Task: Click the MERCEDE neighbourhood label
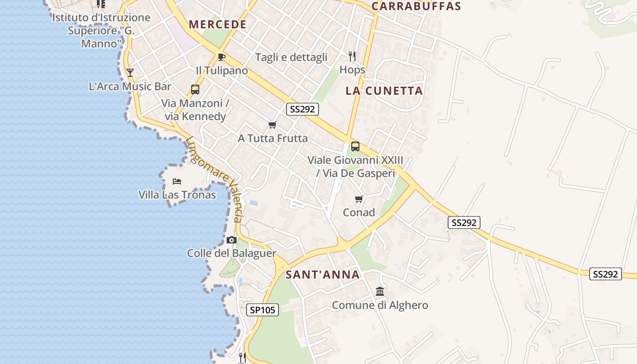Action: coord(217,25)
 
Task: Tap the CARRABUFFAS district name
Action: coord(416,6)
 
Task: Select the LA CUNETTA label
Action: coord(384,91)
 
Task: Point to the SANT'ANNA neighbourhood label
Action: coord(323,274)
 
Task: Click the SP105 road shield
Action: coord(263,310)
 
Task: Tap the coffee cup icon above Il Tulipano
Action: coord(222,57)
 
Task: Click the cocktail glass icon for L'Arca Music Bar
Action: coord(130,72)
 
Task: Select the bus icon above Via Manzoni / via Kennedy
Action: coord(195,90)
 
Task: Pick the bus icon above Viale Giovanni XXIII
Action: coord(355,147)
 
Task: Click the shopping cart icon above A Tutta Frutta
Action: coord(272,125)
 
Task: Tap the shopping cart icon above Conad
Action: coord(359,199)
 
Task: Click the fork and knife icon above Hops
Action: coord(352,56)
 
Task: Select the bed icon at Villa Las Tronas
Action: coord(177,182)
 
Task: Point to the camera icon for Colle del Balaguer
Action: coord(232,240)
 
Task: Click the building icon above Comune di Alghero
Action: coord(380,291)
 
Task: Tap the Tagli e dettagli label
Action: coord(291,57)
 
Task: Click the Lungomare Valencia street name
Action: coord(214,179)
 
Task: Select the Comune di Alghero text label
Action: coord(380,305)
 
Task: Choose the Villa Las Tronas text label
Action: coord(177,195)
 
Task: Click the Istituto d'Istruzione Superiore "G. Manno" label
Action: coord(101,30)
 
